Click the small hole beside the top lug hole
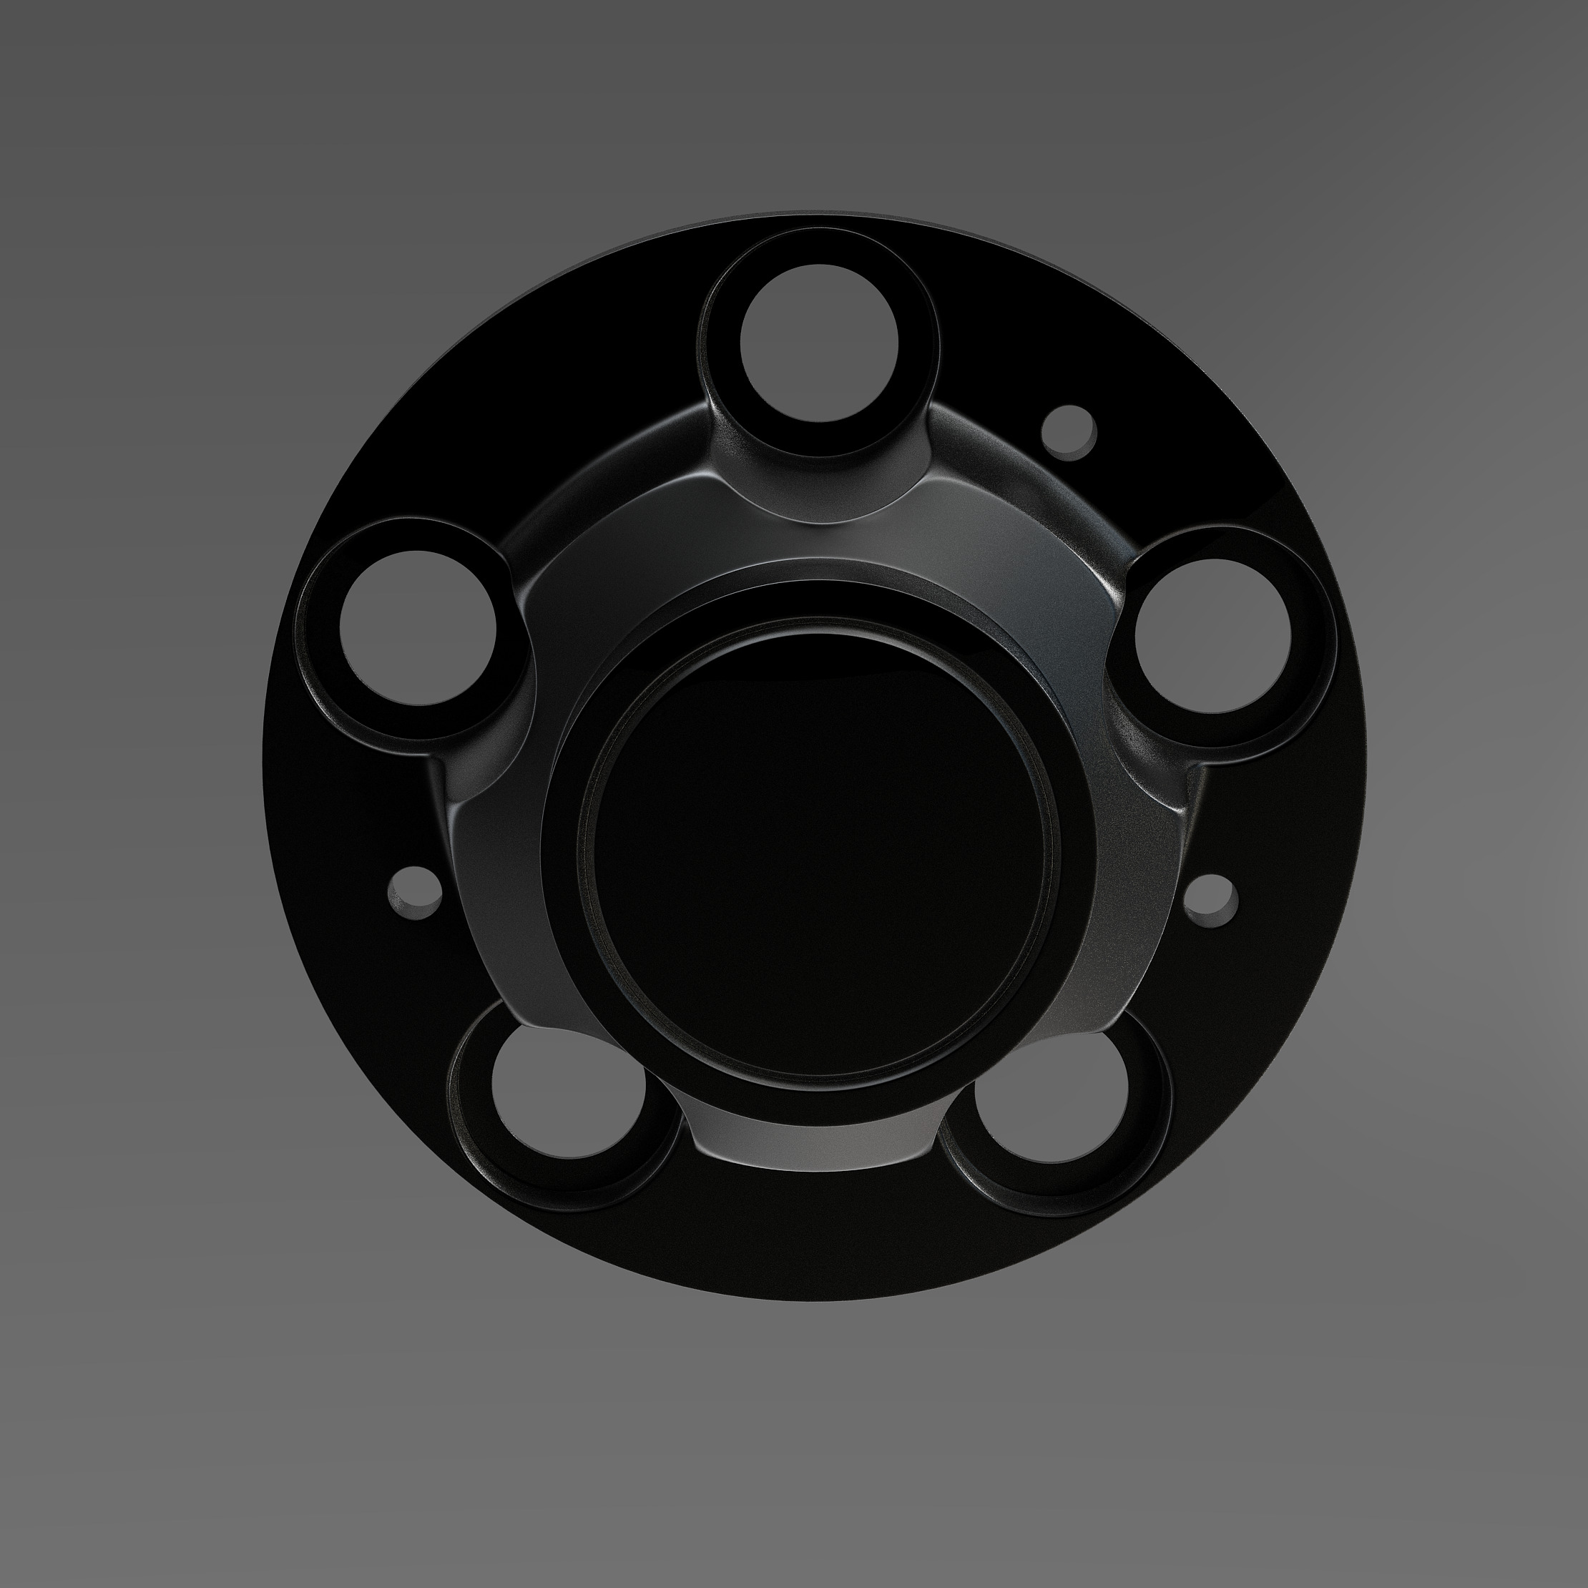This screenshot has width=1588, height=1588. point(1069,428)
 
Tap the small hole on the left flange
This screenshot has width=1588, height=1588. point(414,890)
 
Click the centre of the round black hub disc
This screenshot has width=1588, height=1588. point(818,855)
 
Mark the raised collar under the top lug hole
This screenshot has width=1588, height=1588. point(814,485)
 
